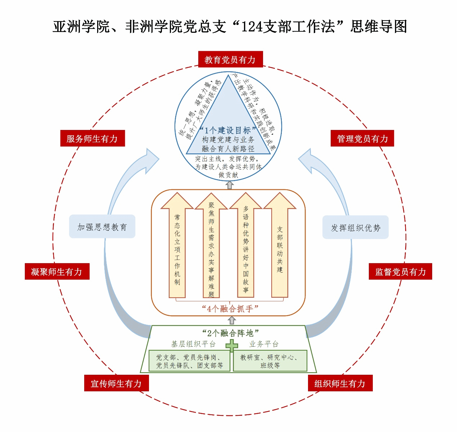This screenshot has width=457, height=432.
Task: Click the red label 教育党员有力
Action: tap(230, 59)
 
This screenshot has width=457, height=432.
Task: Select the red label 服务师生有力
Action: tap(92, 139)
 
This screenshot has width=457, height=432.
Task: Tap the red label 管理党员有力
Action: tap(362, 139)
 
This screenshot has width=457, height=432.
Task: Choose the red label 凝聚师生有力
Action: tap(57, 272)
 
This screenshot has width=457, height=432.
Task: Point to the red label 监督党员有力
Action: tap(401, 272)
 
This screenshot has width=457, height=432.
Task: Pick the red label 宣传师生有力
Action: tap(117, 383)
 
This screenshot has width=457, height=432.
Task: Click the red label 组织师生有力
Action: tap(340, 383)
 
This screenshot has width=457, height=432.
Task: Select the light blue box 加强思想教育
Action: tap(102, 227)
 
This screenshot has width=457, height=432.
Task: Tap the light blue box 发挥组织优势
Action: tap(356, 228)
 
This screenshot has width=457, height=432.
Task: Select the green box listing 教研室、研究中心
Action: tap(270, 361)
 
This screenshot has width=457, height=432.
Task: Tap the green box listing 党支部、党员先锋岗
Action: tap(189, 361)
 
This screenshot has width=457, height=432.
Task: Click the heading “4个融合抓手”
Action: tap(230, 309)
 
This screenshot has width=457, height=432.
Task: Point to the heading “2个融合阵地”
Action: tap(230, 333)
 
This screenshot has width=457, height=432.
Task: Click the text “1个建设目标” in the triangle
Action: tap(228, 130)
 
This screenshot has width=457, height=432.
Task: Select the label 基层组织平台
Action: tap(193, 344)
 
